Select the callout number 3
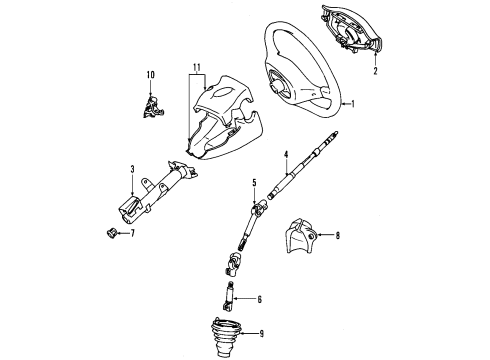pyautogui.click(x=132, y=170)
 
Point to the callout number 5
pyautogui.click(x=254, y=181)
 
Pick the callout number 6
pyautogui.click(x=260, y=299)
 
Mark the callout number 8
pyautogui.click(x=338, y=236)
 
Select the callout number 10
pyautogui.click(x=151, y=75)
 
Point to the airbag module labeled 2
pyautogui.click(x=350, y=35)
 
